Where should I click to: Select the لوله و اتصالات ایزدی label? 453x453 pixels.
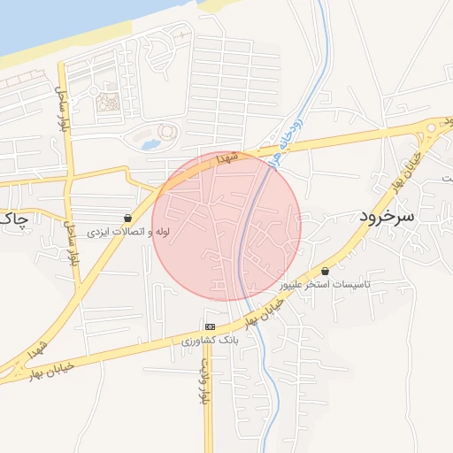pyautogui.click(x=127, y=232)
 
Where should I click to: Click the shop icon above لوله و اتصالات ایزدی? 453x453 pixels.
pyautogui.click(x=129, y=217)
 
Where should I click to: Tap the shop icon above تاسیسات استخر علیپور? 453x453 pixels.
pyautogui.click(x=325, y=271)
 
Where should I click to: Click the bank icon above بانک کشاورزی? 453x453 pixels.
pyautogui.click(x=210, y=326)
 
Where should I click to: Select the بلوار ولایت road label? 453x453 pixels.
pyautogui.click(x=203, y=380)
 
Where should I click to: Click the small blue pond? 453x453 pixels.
pyautogui.click(x=150, y=142)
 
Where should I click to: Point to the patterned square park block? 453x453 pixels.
pyautogui.click(x=108, y=103)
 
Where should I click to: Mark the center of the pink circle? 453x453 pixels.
pyautogui.click(x=226, y=226)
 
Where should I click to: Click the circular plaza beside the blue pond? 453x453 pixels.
pyautogui.click(x=166, y=134)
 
